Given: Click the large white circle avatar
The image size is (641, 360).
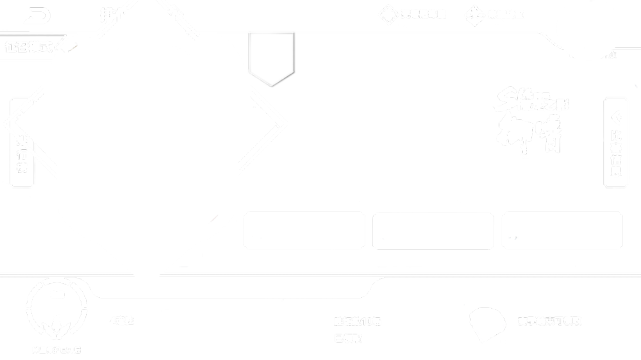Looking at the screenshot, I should pos(588,27).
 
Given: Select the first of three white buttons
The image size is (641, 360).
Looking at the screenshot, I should pos(304,231).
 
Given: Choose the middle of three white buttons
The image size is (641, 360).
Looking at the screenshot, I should pos(433,231).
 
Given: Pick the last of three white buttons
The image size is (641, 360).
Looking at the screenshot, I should pos(562,231).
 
